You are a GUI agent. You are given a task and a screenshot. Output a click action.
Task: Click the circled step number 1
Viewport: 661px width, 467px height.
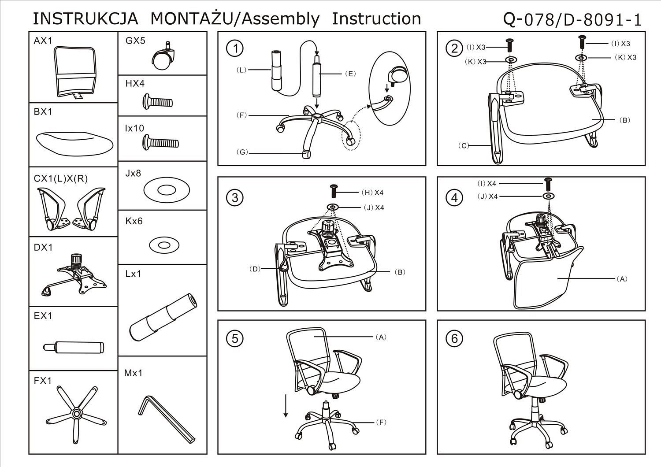click(x=235, y=48)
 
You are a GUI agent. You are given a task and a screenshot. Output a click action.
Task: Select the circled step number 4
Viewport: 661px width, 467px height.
click(x=455, y=198)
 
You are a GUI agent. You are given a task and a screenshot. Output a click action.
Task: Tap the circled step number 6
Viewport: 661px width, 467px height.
click(x=455, y=338)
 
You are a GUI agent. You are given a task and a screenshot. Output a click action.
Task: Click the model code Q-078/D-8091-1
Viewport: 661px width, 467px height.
click(x=572, y=19)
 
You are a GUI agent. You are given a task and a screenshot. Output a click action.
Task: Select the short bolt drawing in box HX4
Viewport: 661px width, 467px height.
click(x=157, y=102)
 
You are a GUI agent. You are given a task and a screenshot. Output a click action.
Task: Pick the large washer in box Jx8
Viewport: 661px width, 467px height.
click(x=167, y=190)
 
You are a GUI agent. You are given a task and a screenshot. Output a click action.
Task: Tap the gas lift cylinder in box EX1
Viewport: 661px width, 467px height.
click(x=73, y=347)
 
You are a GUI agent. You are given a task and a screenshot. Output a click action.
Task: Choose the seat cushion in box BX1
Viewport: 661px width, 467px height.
click(x=75, y=142)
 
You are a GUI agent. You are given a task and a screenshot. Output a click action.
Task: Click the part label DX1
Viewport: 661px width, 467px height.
click(x=43, y=248)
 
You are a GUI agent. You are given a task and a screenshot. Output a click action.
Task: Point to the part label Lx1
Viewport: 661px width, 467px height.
click(x=133, y=274)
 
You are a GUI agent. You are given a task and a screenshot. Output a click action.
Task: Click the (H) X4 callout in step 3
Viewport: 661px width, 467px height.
click(x=372, y=193)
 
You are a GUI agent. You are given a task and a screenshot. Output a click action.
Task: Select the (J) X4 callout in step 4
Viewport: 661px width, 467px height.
click(x=487, y=196)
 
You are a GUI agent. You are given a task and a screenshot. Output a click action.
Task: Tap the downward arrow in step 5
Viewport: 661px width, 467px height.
click(x=286, y=406)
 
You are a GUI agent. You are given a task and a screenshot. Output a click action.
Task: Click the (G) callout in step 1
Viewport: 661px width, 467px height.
click(x=242, y=152)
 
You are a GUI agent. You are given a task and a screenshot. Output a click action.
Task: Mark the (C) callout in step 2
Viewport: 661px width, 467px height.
click(x=464, y=145)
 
